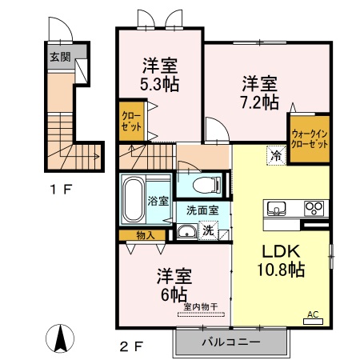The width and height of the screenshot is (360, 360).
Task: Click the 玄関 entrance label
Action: coord(61,57)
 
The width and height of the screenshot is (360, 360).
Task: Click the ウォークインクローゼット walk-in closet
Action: coord(309,141)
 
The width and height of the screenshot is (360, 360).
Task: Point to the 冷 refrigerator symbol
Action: coord(275,157)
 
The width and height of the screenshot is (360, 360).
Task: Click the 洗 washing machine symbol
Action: coord(208,232)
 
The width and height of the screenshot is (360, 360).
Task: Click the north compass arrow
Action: coord(58,338)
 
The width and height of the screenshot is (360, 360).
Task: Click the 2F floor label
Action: coord(132,347)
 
